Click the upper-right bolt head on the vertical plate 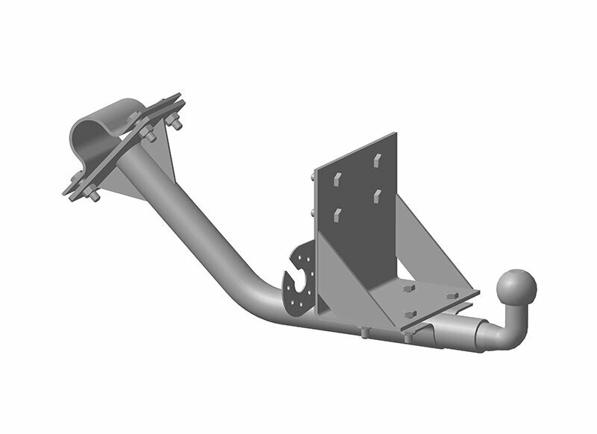(x=377, y=160)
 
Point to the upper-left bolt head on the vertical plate (x=337, y=180)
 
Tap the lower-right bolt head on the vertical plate (x=378, y=195)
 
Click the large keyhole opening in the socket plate (x=296, y=285)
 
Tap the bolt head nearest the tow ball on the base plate (x=452, y=296)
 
